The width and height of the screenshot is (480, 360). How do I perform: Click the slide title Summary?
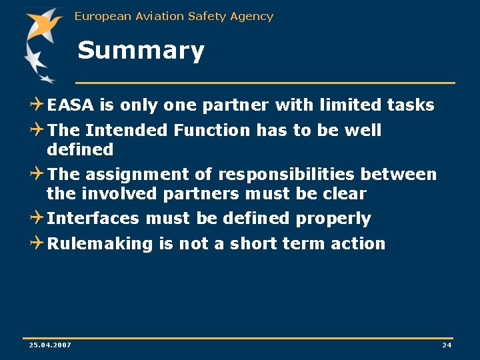(141, 51)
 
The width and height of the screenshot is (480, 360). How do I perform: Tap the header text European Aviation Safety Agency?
(174, 16)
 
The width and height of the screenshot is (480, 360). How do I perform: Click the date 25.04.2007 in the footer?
(50, 345)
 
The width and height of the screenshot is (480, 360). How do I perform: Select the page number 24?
(447, 345)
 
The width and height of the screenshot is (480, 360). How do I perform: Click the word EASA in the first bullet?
(71, 105)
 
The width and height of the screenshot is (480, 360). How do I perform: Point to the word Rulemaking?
(100, 244)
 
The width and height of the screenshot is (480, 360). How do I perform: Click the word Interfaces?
(93, 219)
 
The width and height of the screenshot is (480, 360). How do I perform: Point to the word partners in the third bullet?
(197, 194)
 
